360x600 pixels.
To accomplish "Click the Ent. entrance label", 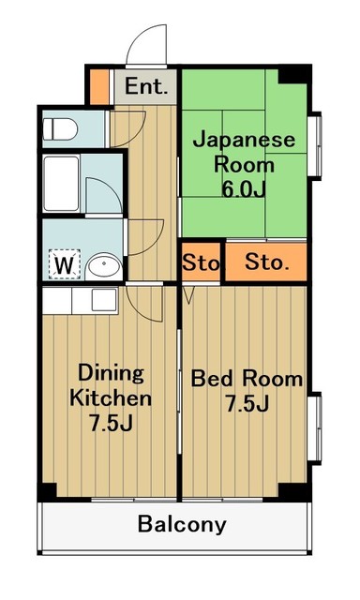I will pos(146,88).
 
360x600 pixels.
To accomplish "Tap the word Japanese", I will pos(244,141).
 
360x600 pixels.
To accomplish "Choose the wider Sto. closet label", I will pos(265,263).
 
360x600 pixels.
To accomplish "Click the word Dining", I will pos(110,373).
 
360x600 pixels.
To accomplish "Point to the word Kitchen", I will pos(110,397).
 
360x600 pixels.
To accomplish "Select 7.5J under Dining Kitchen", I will pos(110,423).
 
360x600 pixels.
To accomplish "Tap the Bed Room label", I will pos(247,379).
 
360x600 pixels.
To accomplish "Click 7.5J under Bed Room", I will pos(247,405).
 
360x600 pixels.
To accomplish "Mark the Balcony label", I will pos(182,524).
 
